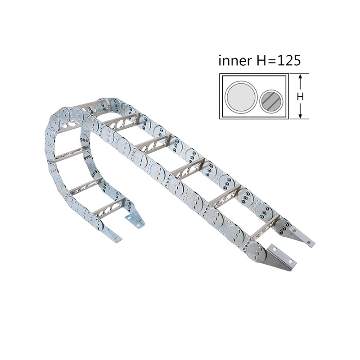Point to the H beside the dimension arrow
click(x=301, y=97)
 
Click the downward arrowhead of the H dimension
click(x=301, y=116)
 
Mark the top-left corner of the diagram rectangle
click(x=220, y=75)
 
